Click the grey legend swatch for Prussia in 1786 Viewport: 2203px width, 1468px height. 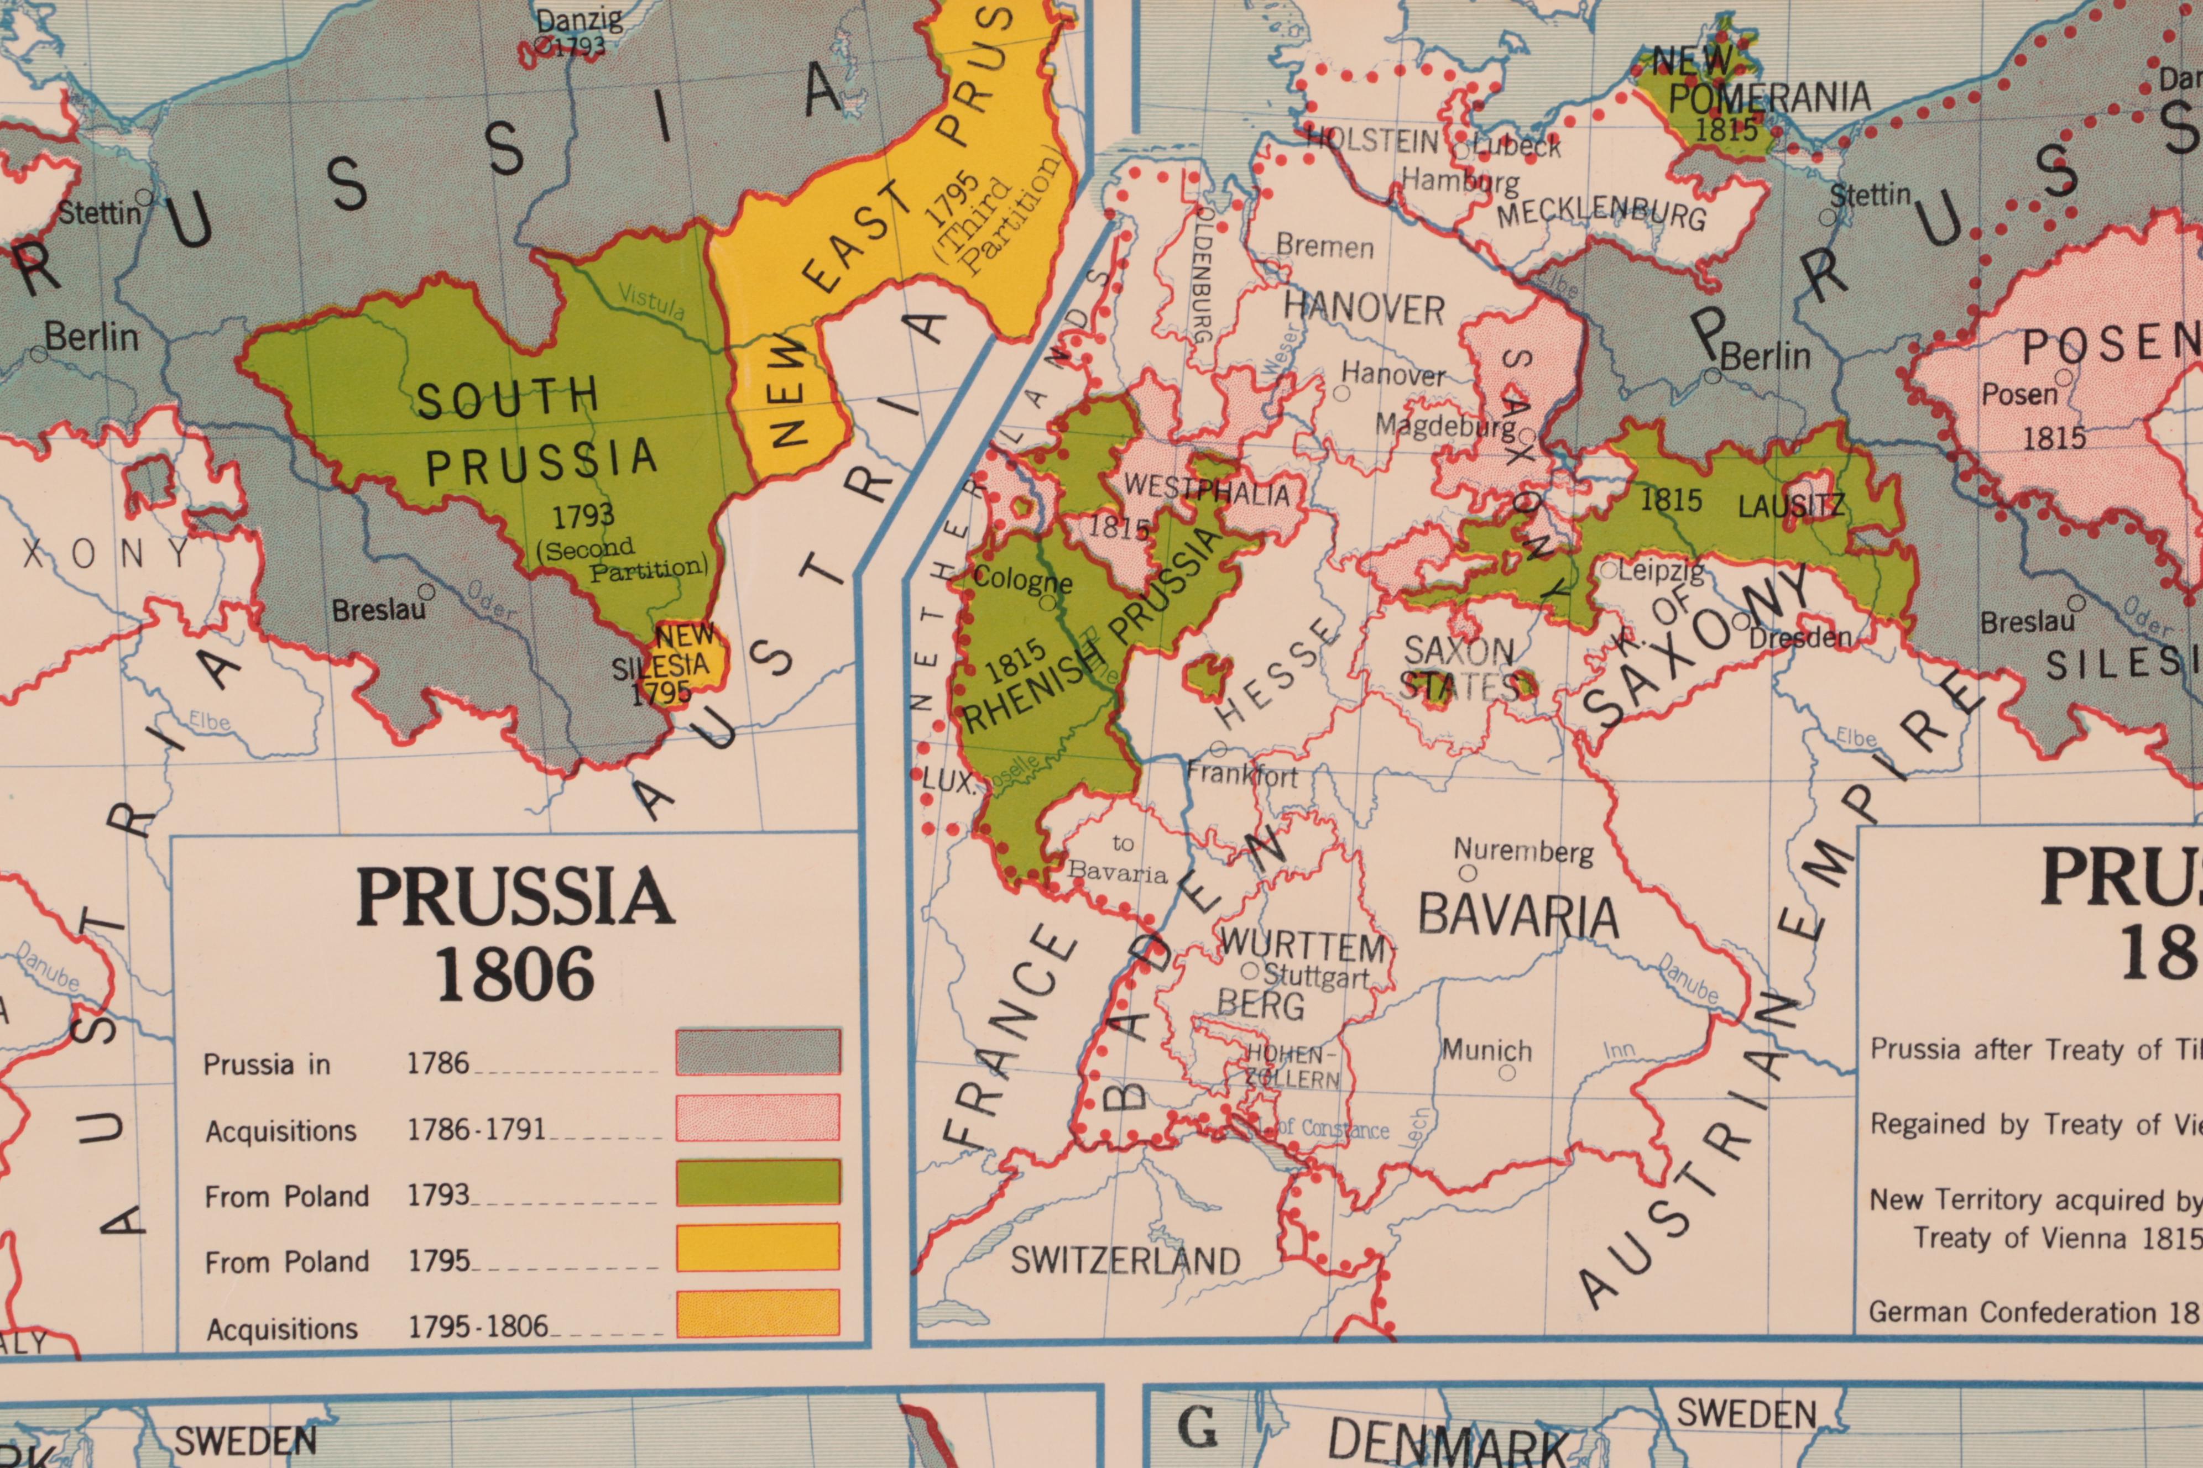point(757,1051)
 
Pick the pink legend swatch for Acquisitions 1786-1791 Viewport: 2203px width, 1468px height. point(757,1117)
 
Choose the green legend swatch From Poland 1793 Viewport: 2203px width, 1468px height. point(757,1182)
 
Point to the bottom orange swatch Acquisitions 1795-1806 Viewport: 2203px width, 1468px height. point(757,1313)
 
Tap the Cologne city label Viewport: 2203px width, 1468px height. point(1021,580)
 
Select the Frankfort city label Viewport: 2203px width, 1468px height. point(1241,774)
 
